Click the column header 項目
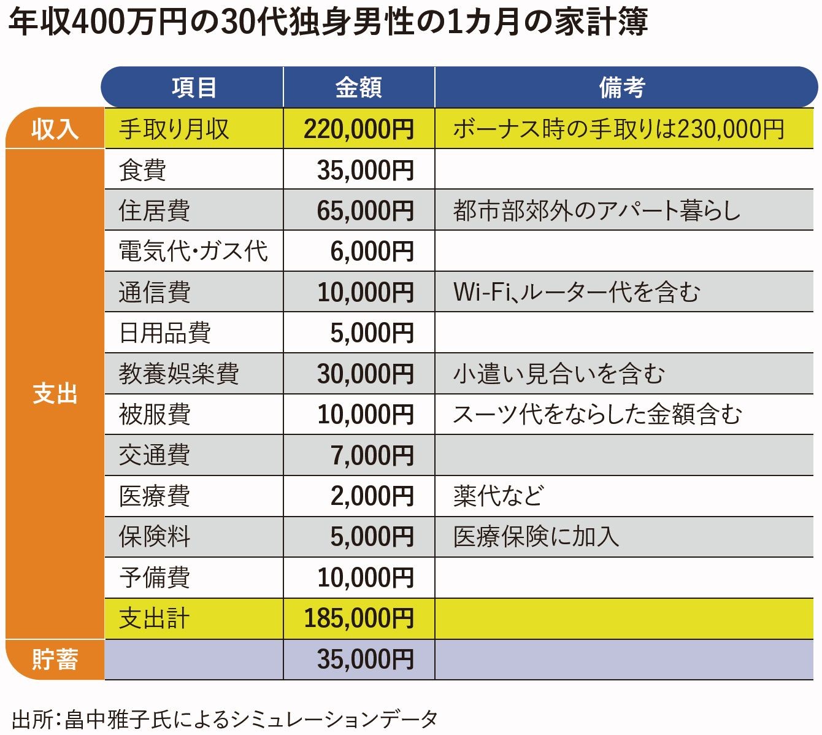193,88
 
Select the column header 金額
359,88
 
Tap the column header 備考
621,88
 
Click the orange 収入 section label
55,129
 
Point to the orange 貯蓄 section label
55,660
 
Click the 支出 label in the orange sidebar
55,394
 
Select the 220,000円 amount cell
359,129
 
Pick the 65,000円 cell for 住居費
365,210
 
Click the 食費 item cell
143,170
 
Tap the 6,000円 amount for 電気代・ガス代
372,252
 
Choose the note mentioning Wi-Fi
576,292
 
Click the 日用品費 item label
164,333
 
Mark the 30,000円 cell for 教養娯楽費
365,374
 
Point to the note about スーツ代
597,415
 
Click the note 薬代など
498,496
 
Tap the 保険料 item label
155,537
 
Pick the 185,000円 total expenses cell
359,618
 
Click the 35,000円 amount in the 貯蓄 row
365,660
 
